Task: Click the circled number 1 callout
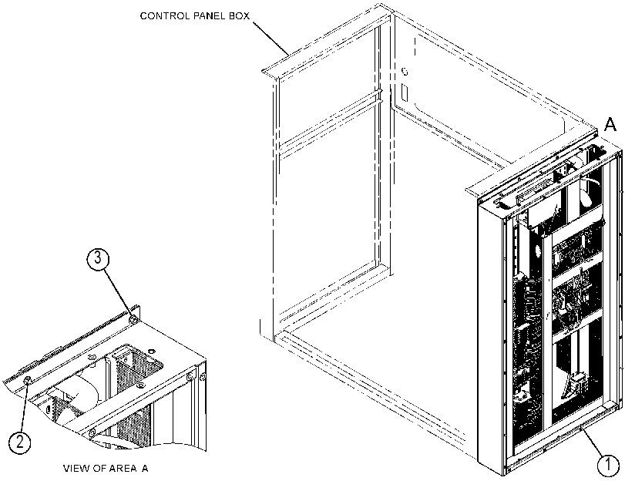pyautogui.click(x=608, y=465)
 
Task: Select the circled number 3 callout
pyautogui.click(x=98, y=258)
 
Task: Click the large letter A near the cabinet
pyautogui.click(x=610, y=125)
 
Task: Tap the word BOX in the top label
pyautogui.click(x=240, y=16)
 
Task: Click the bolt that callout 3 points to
pyautogui.click(x=134, y=320)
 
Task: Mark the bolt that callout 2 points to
pyautogui.click(x=28, y=381)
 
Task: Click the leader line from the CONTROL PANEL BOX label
pyautogui.click(x=270, y=38)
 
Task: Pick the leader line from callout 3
pyautogui.click(x=118, y=293)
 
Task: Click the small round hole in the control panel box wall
pyautogui.click(x=405, y=72)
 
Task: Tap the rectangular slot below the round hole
pyautogui.click(x=405, y=92)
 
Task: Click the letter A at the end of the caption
pyautogui.click(x=145, y=468)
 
